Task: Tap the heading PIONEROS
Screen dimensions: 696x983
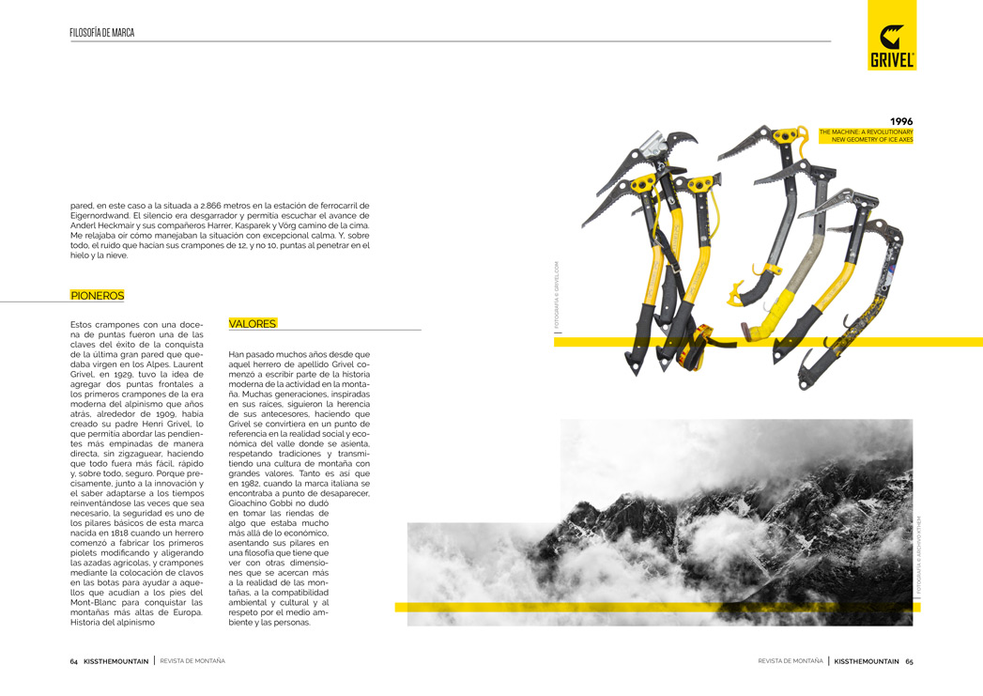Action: pyautogui.click(x=97, y=296)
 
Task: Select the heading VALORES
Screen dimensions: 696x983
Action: pyautogui.click(x=253, y=324)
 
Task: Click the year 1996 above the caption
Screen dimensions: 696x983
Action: pyautogui.click(x=900, y=121)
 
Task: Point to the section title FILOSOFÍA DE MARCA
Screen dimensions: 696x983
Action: pyautogui.click(x=101, y=33)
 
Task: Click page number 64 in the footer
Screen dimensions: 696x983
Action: pyautogui.click(x=73, y=660)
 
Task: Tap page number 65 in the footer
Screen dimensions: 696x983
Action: pyautogui.click(x=909, y=660)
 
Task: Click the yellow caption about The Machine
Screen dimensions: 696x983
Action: pyautogui.click(x=866, y=135)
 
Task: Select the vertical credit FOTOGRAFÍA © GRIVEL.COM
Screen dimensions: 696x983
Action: pyautogui.click(x=556, y=295)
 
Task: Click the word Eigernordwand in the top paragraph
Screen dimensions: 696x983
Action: pyautogui.click(x=100, y=215)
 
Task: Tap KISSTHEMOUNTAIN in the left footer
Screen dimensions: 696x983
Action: pyautogui.click(x=116, y=660)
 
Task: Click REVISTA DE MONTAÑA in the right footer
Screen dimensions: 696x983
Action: pyautogui.click(x=790, y=660)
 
